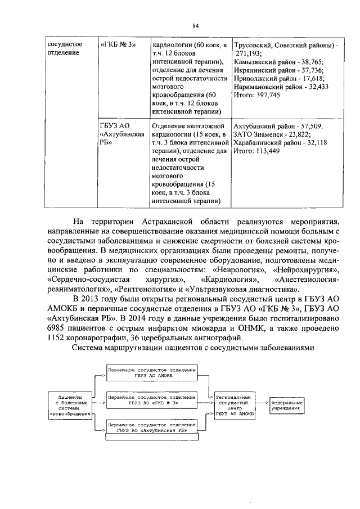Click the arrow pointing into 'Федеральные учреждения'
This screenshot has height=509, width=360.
coord(262,403)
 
